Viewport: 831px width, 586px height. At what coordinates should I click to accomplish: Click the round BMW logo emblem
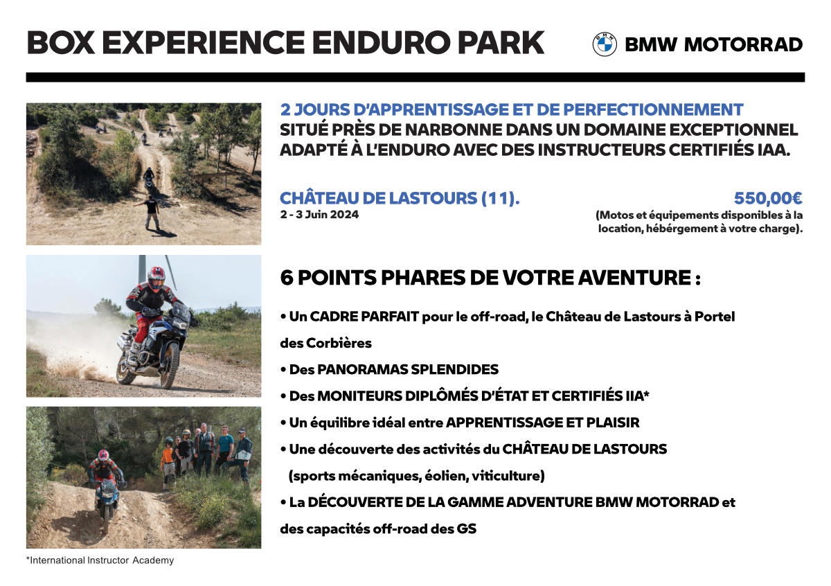(605, 44)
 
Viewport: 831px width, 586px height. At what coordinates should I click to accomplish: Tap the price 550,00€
(768, 198)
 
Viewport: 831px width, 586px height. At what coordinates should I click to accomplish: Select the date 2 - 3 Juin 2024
(319, 215)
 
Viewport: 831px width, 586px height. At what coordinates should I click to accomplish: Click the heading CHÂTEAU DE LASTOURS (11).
(400, 198)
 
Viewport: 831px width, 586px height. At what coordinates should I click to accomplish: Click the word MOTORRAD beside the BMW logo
(743, 44)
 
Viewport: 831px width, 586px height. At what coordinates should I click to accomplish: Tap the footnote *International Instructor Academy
(100, 560)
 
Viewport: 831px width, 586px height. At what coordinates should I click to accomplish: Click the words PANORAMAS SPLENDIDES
(408, 370)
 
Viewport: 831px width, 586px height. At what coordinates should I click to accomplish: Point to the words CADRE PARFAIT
(364, 317)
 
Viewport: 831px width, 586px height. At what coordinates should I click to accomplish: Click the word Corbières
(339, 344)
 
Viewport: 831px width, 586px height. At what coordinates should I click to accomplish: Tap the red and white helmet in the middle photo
(157, 277)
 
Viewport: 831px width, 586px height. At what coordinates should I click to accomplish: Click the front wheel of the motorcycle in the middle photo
(170, 365)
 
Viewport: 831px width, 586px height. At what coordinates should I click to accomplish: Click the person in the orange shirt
(168, 462)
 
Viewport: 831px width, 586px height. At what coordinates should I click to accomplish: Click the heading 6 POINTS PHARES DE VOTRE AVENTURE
(490, 277)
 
